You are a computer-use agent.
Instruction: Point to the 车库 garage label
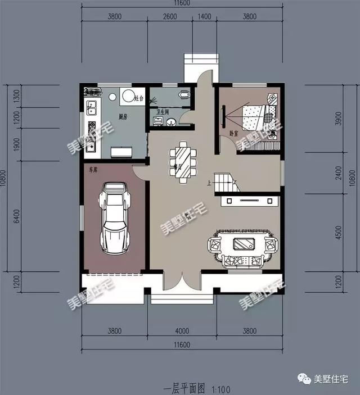(91, 168)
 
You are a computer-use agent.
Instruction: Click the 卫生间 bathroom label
(163, 112)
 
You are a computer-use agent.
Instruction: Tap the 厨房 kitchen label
(123, 117)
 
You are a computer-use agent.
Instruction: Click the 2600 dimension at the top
(169, 17)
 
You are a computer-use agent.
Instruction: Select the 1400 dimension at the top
(204, 17)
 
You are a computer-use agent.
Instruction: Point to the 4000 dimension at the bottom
(181, 331)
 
